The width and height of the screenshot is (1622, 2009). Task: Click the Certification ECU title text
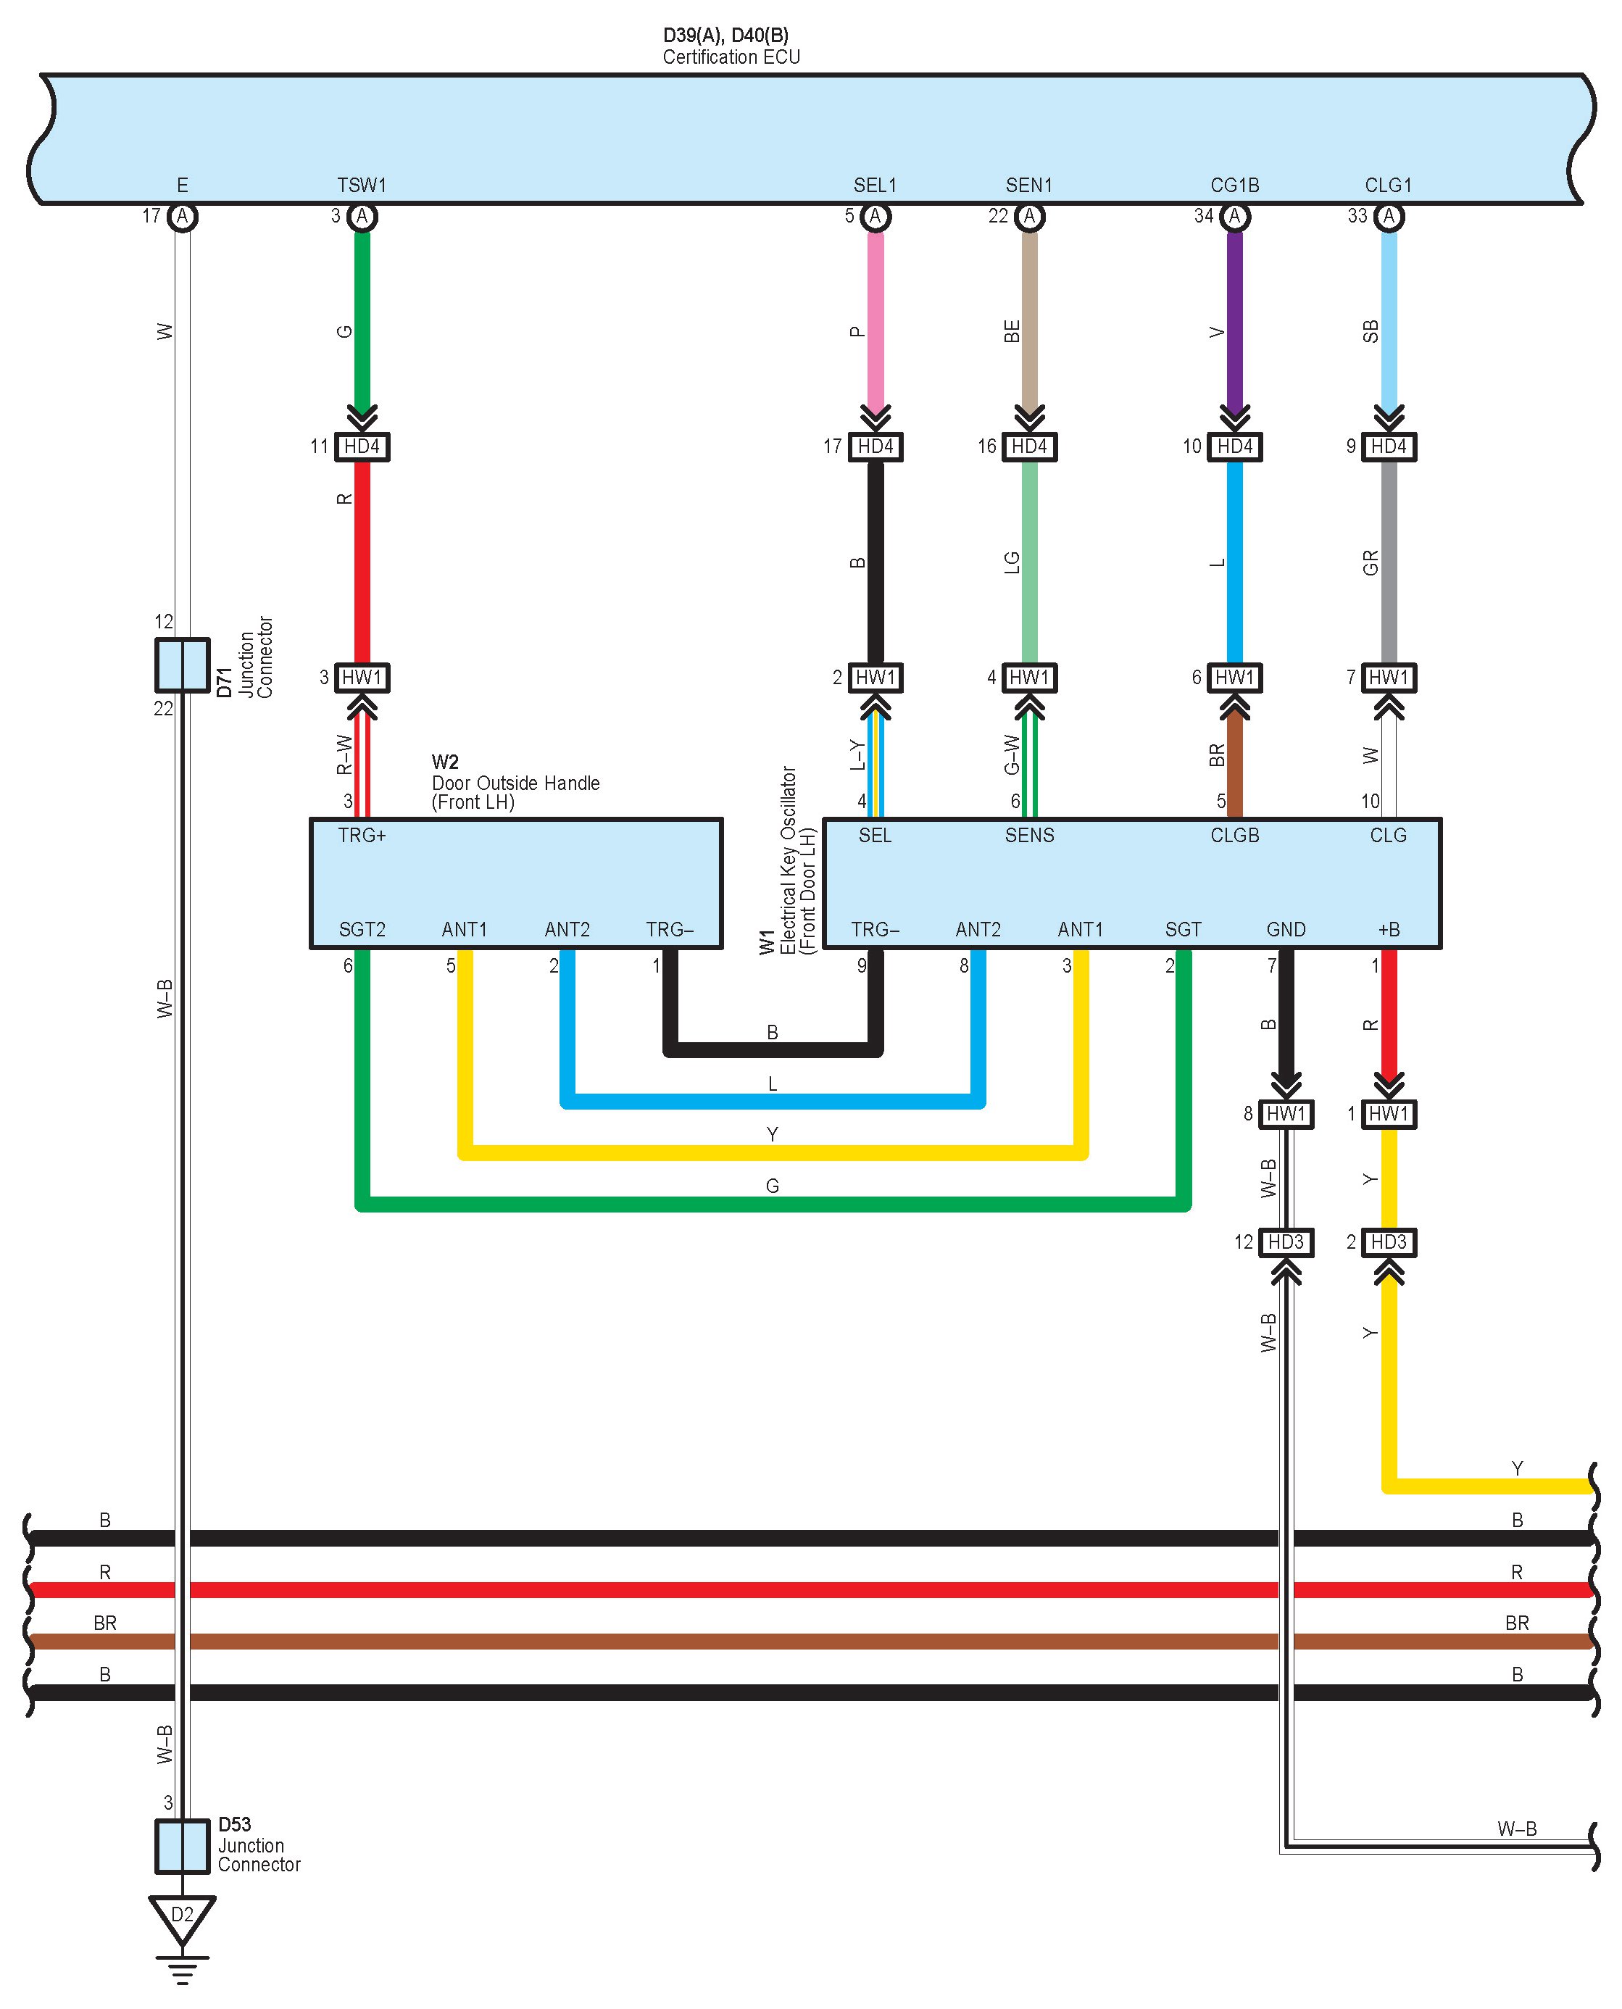coord(731,57)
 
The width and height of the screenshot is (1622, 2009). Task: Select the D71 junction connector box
coord(182,665)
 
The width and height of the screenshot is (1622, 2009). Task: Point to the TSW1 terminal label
coord(362,185)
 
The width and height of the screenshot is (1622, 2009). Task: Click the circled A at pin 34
coord(1234,217)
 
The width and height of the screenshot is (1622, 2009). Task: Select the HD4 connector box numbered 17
coord(876,446)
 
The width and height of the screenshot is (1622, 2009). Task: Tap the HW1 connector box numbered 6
coord(1234,678)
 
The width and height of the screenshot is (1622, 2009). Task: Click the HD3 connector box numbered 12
coord(1286,1241)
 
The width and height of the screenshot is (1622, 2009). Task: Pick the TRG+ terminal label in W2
coord(362,836)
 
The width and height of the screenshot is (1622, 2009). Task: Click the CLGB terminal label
coord(1234,836)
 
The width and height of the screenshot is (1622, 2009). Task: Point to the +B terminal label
coord(1389,930)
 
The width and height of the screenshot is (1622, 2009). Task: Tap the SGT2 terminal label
coord(362,930)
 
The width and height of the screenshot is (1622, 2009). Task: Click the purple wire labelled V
coord(1234,317)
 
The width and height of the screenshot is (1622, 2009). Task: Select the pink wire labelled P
coord(876,317)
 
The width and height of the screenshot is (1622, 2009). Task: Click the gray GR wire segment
coord(1389,561)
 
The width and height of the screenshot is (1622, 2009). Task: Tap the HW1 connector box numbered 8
coord(1286,1114)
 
